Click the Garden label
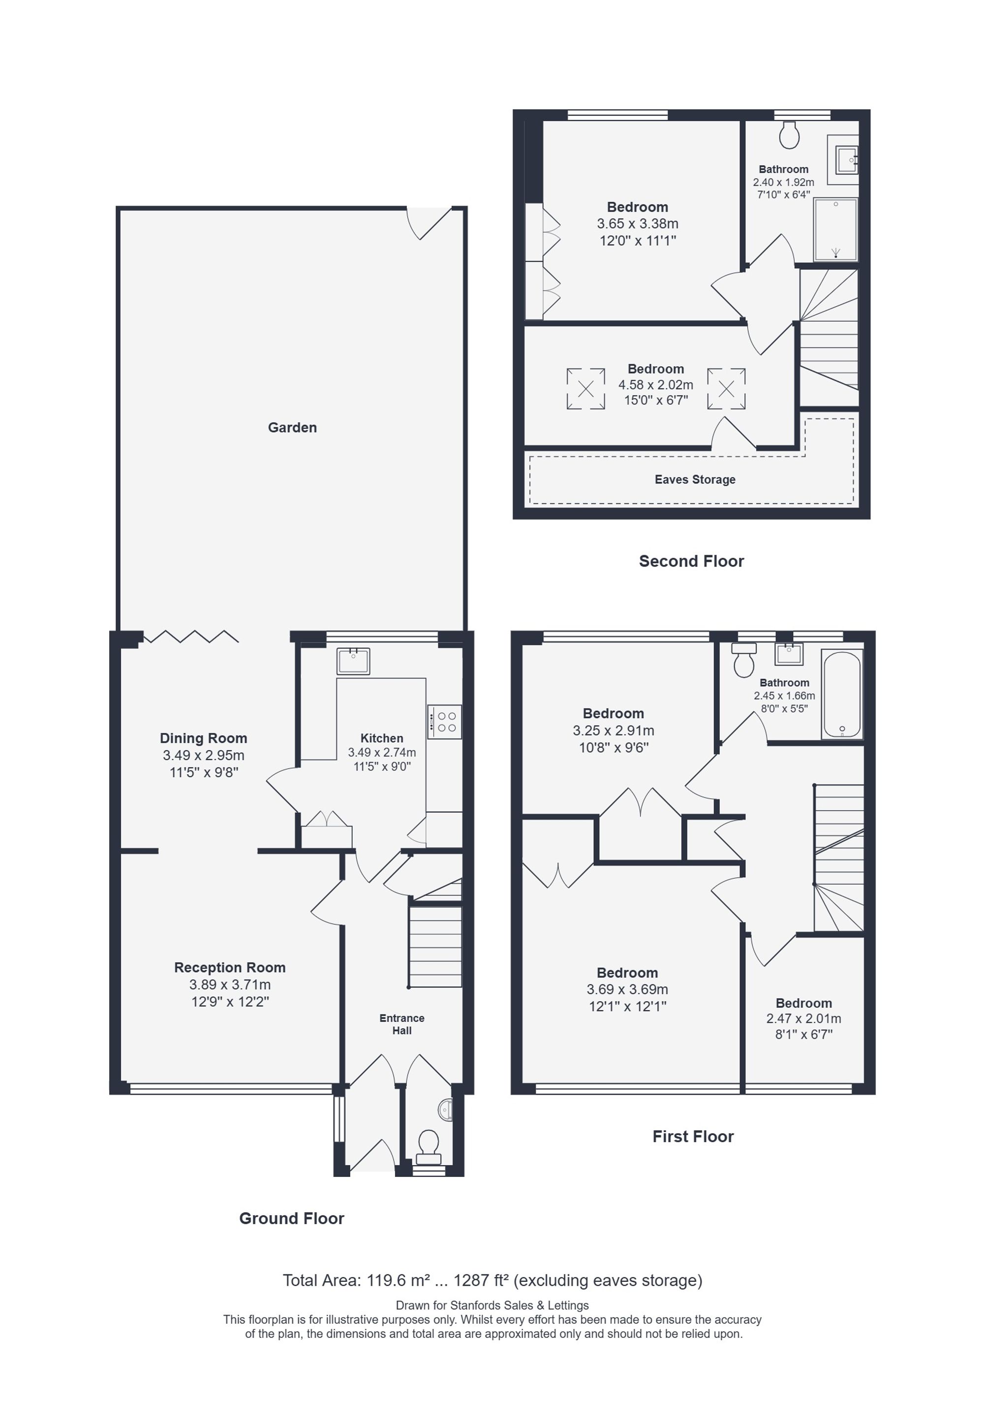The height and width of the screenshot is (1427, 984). (292, 427)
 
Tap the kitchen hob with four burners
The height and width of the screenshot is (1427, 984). (444, 722)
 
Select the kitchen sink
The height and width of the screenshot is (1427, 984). (353, 661)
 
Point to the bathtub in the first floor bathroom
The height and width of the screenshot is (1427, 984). (842, 695)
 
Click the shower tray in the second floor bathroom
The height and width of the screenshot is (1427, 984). (835, 229)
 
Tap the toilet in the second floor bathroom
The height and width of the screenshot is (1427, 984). (789, 134)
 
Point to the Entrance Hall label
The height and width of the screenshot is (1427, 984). (402, 1024)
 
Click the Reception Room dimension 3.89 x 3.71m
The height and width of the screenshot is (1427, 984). (230, 985)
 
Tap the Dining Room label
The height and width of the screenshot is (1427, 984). (204, 738)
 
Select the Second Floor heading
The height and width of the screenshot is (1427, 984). (691, 561)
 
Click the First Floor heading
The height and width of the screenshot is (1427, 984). (693, 1137)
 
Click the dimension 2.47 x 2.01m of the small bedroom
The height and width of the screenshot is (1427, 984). (804, 1019)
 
